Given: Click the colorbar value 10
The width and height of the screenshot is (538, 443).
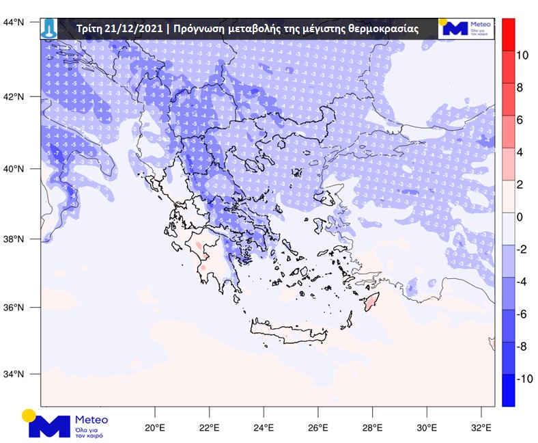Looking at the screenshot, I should tap(523, 55).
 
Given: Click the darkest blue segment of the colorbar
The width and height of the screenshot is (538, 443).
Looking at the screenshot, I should tap(508, 390).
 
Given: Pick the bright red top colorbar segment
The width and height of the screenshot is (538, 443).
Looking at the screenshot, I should tap(508, 33).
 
